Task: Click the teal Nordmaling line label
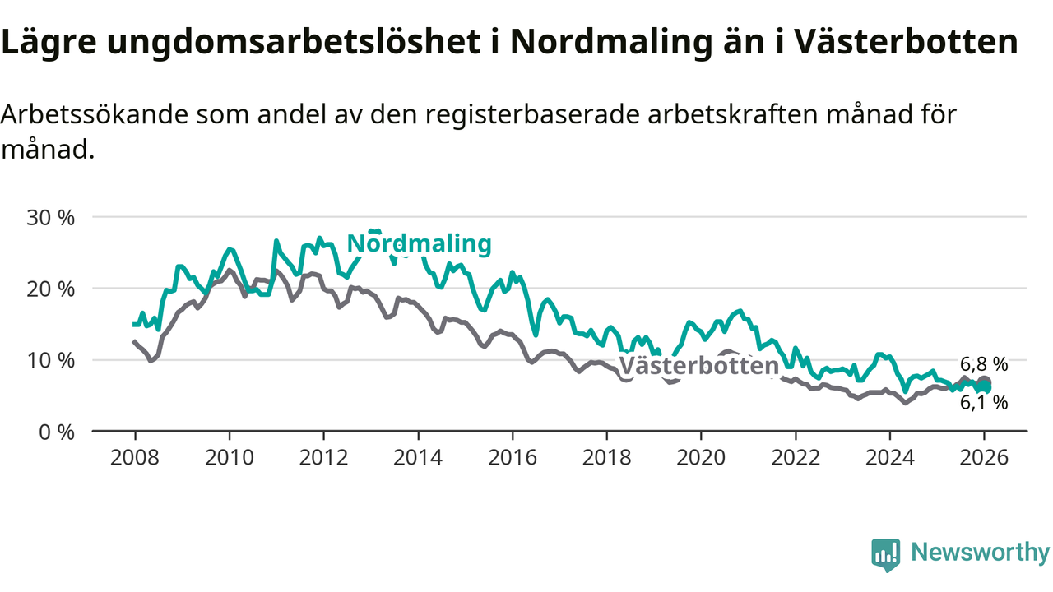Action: pos(419,243)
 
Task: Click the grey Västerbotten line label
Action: pos(698,366)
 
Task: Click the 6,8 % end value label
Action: pos(984,364)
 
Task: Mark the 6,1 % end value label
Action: pos(984,402)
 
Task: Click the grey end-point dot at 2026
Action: pos(984,382)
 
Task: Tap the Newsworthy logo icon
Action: pos(885,555)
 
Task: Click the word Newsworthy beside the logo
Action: pos(980,553)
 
